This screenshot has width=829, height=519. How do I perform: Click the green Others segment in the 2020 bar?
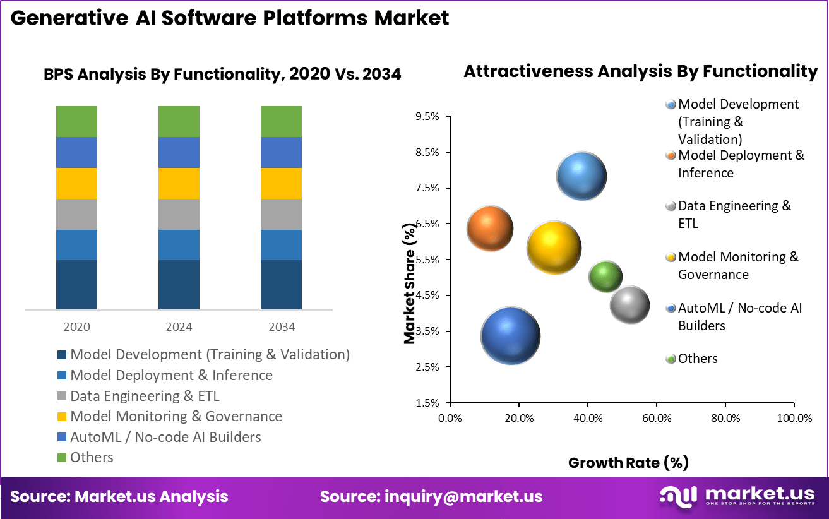[x=76, y=121]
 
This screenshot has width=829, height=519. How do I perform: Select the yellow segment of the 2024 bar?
[x=179, y=183]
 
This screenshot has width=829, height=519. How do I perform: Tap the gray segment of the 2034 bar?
[x=281, y=214]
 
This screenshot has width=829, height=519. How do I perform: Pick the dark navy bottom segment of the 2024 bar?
[x=179, y=284]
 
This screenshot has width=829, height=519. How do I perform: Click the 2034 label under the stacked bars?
[x=281, y=327]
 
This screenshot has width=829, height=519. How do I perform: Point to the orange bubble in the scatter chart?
[x=490, y=229]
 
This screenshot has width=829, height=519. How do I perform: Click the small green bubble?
[x=605, y=276]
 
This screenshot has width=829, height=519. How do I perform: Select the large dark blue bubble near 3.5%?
[x=510, y=336]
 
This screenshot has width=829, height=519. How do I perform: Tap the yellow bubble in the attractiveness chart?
[x=554, y=248]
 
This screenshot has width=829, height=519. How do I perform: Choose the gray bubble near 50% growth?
[x=629, y=305]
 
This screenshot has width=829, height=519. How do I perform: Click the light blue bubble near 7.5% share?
[x=581, y=177]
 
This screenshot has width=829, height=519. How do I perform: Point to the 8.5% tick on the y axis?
[x=427, y=152]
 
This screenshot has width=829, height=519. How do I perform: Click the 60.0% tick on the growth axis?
[x=656, y=418]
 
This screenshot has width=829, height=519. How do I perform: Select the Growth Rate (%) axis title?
[x=628, y=463]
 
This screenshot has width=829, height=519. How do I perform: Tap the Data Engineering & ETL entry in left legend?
[x=145, y=396]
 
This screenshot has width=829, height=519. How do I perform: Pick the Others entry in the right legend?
[x=697, y=359]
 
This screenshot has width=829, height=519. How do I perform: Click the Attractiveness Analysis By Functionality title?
[x=640, y=71]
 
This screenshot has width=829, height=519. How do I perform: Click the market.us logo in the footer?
[x=737, y=496]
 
